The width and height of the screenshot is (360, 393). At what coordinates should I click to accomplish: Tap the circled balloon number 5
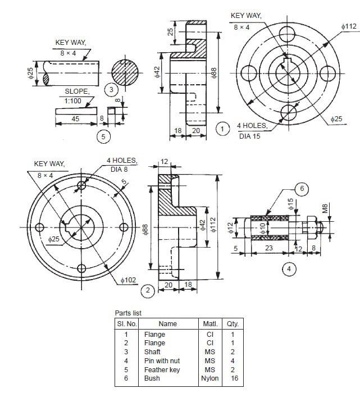point(102,136)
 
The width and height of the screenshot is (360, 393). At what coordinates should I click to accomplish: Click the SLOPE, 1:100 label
point(76,95)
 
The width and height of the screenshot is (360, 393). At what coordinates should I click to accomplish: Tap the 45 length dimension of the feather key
point(75,118)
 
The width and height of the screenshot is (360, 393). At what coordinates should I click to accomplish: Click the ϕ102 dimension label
point(129,279)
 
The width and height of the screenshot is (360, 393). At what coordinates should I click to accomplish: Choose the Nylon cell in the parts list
point(209,378)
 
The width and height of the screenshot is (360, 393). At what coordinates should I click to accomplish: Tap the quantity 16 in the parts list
point(233,378)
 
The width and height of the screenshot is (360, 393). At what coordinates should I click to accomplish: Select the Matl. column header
point(209,323)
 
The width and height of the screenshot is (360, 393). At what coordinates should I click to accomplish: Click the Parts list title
point(129,313)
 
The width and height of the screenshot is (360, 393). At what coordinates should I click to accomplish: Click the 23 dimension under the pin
point(269,247)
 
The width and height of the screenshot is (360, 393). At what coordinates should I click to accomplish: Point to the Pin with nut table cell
point(162,360)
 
